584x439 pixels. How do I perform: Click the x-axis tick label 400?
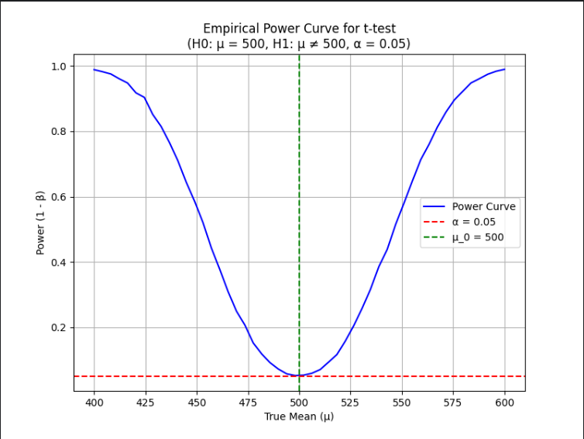(94, 403)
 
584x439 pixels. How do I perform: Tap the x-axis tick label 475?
(248, 403)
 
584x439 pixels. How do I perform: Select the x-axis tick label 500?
(299, 403)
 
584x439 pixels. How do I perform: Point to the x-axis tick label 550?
(402, 403)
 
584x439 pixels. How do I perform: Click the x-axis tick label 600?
(505, 403)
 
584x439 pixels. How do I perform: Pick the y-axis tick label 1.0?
(58, 67)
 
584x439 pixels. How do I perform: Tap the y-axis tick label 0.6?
(58, 197)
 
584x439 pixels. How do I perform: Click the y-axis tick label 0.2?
(58, 328)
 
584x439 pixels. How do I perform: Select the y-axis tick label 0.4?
(58, 263)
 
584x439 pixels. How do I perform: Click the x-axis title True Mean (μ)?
(299, 417)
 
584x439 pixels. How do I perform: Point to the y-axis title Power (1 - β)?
(40, 223)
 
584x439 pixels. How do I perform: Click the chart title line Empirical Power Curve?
(299, 29)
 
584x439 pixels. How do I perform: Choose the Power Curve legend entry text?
(484, 206)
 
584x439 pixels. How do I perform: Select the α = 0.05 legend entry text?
(474, 222)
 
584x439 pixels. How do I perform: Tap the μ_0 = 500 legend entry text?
(478, 237)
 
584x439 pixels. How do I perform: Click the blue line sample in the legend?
(434, 206)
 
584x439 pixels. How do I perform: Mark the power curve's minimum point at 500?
(299, 375)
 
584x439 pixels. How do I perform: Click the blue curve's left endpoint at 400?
(94, 69)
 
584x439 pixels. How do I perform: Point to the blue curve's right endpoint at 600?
(505, 69)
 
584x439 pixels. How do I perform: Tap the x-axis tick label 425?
(146, 403)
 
